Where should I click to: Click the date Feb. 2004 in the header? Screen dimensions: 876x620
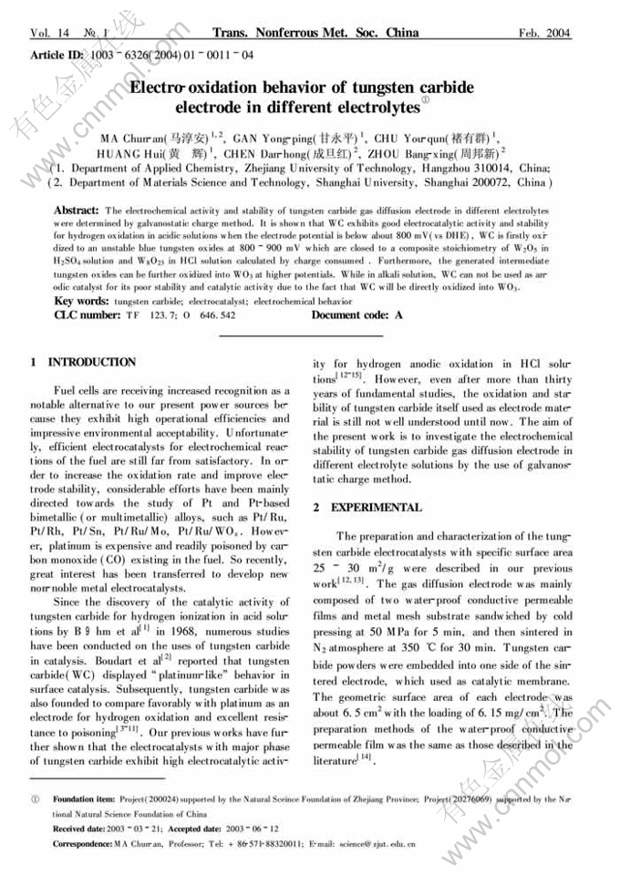click(x=545, y=33)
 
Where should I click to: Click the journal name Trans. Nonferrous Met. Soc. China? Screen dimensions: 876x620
click(x=315, y=33)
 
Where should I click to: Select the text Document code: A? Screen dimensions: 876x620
click(x=356, y=314)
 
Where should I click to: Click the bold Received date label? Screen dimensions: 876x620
click(x=78, y=829)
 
